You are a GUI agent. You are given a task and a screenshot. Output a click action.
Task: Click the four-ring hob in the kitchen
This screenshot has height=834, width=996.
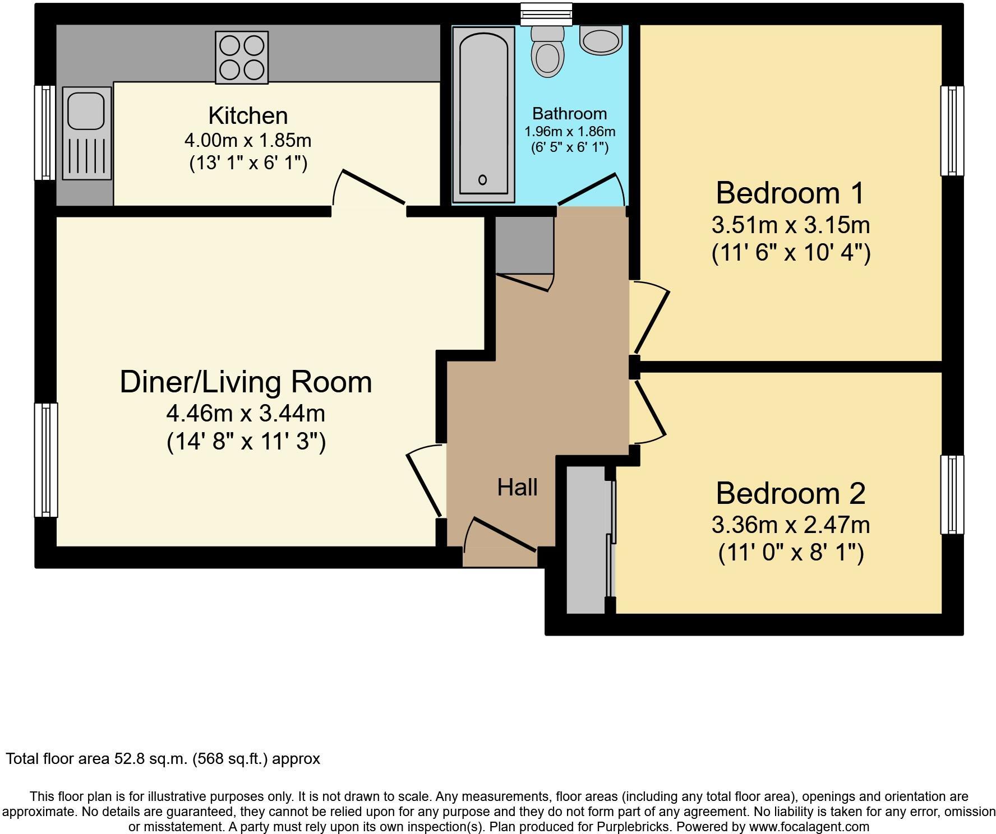tap(242, 57)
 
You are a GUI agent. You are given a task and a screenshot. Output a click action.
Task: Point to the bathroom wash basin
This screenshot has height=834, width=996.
tap(601, 40)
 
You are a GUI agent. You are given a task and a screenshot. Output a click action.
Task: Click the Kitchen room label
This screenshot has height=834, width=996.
tap(248, 115)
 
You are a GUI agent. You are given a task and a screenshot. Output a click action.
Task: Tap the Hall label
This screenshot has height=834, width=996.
tap(517, 487)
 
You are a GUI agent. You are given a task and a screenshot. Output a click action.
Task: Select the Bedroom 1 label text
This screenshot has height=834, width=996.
tap(790, 193)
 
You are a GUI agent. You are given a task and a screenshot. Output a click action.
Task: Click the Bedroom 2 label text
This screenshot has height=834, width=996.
tap(790, 493)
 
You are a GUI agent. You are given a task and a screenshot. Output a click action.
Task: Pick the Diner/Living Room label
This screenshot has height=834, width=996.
tap(246, 382)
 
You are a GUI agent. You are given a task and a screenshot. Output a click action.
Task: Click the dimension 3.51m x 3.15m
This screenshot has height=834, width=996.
tap(790, 225)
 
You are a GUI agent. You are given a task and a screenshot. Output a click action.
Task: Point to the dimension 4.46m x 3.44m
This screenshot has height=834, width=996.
tap(246, 414)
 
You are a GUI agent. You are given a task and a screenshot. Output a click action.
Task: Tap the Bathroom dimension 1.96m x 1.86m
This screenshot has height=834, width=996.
tap(569, 132)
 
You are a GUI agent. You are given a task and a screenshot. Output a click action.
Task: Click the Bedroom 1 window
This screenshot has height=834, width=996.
tap(952, 131)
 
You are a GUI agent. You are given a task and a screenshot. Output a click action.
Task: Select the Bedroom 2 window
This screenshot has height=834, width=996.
tap(952, 494)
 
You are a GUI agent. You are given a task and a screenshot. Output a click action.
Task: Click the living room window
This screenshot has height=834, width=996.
tap(46, 460)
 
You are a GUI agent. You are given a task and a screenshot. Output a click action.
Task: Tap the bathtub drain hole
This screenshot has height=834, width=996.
tap(482, 180)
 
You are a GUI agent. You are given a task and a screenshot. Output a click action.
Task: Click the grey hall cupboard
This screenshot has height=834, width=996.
tap(524, 245)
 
